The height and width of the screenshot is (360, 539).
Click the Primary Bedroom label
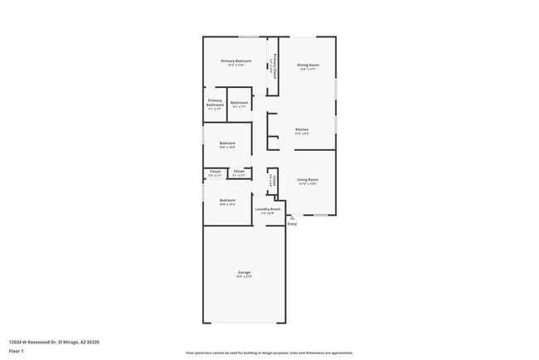pos(236,61)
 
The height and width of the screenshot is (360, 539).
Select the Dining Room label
pos(308,65)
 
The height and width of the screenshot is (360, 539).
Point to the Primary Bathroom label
pos(215,104)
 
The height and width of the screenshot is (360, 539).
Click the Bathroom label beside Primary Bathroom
pos(239,103)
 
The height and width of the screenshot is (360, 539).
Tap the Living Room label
pos(308,179)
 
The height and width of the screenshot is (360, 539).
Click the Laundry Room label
pos(268,209)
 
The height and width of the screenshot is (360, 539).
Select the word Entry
pos(292,225)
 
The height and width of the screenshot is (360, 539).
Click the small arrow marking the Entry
pos(292,218)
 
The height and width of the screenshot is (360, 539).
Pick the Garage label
pos(245,272)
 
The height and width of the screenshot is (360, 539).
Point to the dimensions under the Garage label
pos(245,277)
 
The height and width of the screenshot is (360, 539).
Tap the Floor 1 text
pos(17,351)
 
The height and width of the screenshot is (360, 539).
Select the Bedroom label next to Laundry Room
pos(227,200)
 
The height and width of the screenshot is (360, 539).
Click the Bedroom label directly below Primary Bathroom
pos(227,143)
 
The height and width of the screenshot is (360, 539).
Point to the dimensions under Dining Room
pos(308,70)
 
